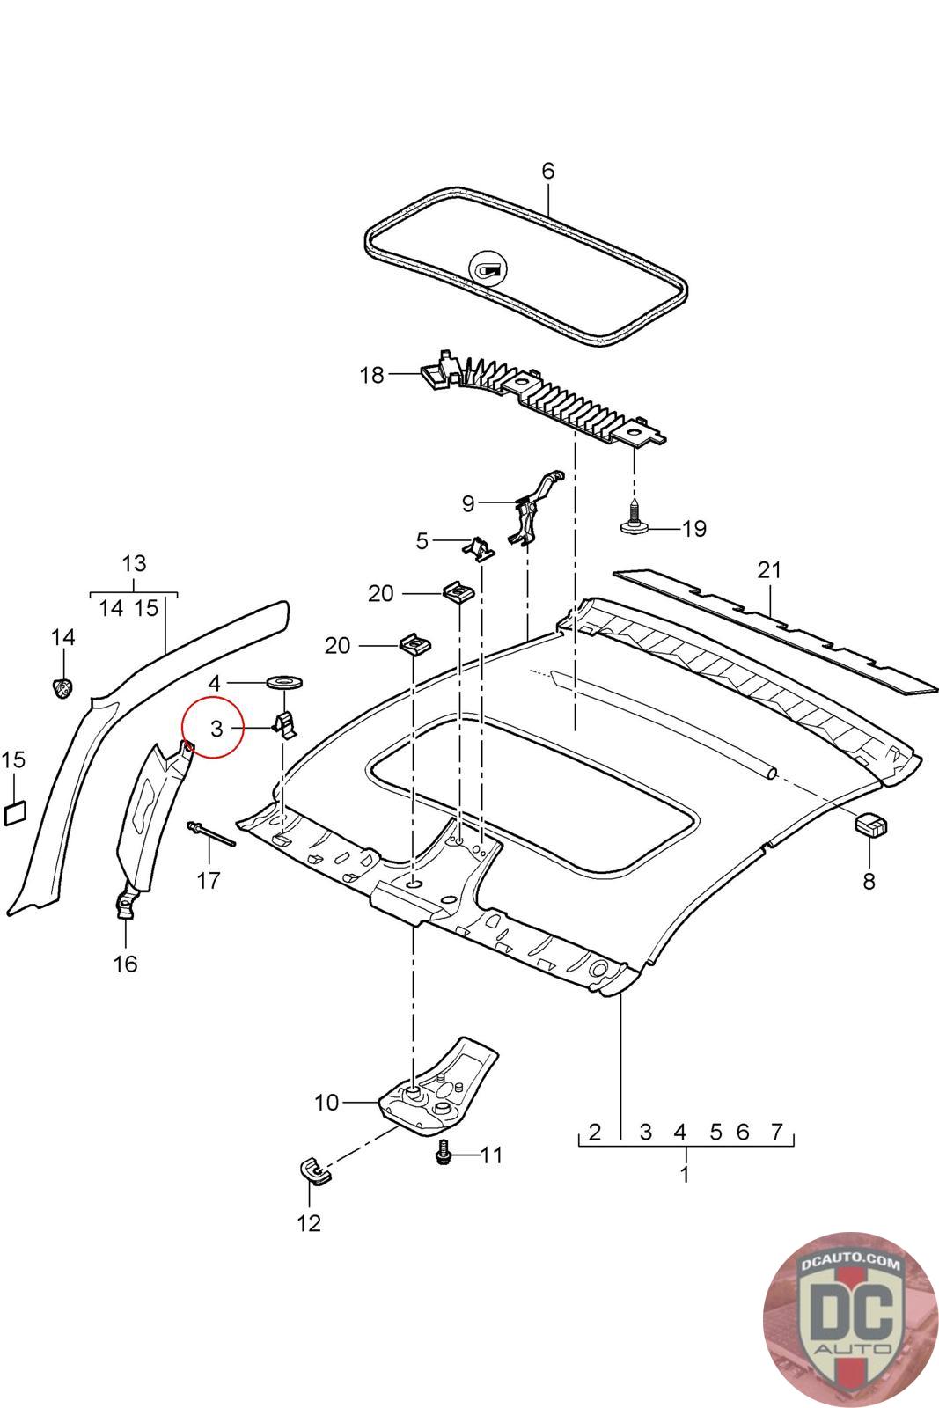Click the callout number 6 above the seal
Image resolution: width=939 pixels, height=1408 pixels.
point(548,171)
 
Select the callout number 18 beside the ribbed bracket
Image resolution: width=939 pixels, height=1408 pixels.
point(371,375)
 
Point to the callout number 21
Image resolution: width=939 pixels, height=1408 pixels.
point(769,570)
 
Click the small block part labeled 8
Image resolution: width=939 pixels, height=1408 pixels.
point(870,824)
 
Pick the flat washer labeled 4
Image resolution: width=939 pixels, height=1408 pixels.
point(285,681)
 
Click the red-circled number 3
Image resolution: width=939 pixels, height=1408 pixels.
point(216,729)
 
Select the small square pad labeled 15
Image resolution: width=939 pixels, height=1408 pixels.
point(15,812)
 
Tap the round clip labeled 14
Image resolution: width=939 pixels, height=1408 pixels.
point(62,688)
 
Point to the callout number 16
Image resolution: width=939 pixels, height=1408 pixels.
point(125,964)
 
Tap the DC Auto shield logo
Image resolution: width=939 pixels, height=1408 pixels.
point(850,1319)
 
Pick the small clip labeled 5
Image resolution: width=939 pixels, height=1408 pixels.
point(480,547)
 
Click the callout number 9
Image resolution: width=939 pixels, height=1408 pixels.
point(468,503)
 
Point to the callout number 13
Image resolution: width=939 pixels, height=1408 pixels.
point(134,563)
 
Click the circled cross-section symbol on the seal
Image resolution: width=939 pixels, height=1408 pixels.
point(488,269)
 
